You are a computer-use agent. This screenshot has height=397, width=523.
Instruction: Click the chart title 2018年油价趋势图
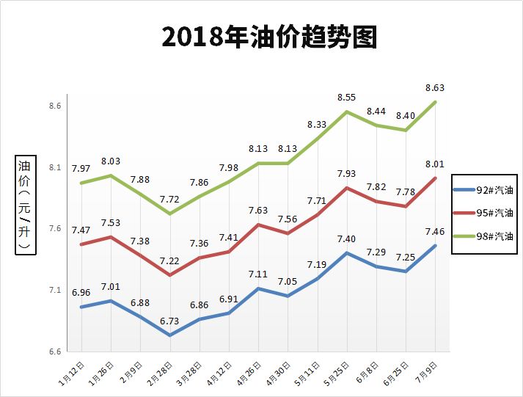tap(269, 37)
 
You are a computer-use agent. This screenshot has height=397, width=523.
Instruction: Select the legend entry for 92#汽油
tap(486, 190)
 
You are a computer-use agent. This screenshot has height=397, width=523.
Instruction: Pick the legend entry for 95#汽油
tap(486, 213)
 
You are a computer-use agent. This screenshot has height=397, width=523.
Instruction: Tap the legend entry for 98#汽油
tap(486, 236)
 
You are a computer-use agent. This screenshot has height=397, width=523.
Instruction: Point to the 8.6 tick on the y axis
tap(55, 106)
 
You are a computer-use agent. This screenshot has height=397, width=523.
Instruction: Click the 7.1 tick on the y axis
tap(55, 291)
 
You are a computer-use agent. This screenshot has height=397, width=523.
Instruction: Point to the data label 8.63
tap(436, 88)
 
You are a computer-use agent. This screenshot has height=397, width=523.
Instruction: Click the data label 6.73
tap(169, 321)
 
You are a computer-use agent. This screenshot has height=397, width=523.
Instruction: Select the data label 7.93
tap(347, 173)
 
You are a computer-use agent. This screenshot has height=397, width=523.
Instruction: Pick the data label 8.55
tap(347, 97)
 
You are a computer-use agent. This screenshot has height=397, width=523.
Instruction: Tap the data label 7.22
tap(169, 261)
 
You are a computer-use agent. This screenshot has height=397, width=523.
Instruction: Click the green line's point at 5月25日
tap(347, 112)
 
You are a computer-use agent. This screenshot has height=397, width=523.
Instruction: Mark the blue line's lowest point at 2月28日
tap(169, 335)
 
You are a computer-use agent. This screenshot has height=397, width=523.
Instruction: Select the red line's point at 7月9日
tap(436, 178)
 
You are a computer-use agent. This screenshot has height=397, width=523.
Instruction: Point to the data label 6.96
tap(81, 293)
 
